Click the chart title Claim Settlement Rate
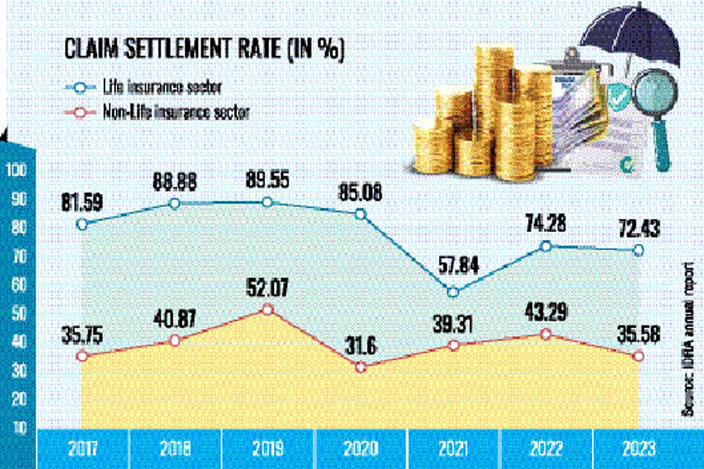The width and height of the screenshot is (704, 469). click(203, 52)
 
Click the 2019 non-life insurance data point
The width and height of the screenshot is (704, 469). click(268, 310)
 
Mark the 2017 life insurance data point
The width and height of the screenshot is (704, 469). click(81, 224)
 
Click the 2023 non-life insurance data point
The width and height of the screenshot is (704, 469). click(638, 356)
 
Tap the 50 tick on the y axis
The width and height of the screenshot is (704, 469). click(17, 313)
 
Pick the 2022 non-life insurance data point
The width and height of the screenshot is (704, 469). click(545, 335)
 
